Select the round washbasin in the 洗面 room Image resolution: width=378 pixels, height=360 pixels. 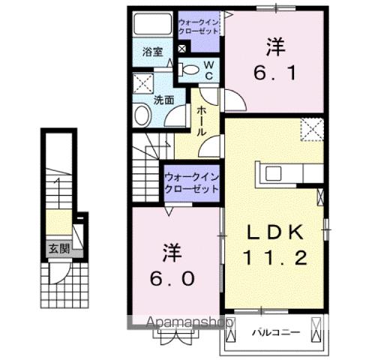tap(142, 115)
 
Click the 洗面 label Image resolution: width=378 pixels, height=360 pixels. tap(164, 98)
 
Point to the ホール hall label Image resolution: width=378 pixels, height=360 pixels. tap(202, 120)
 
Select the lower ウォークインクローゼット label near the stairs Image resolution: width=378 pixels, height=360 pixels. tap(191, 182)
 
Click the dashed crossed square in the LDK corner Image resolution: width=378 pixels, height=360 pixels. tap(310, 130)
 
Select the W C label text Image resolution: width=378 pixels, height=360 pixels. tap(210, 70)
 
